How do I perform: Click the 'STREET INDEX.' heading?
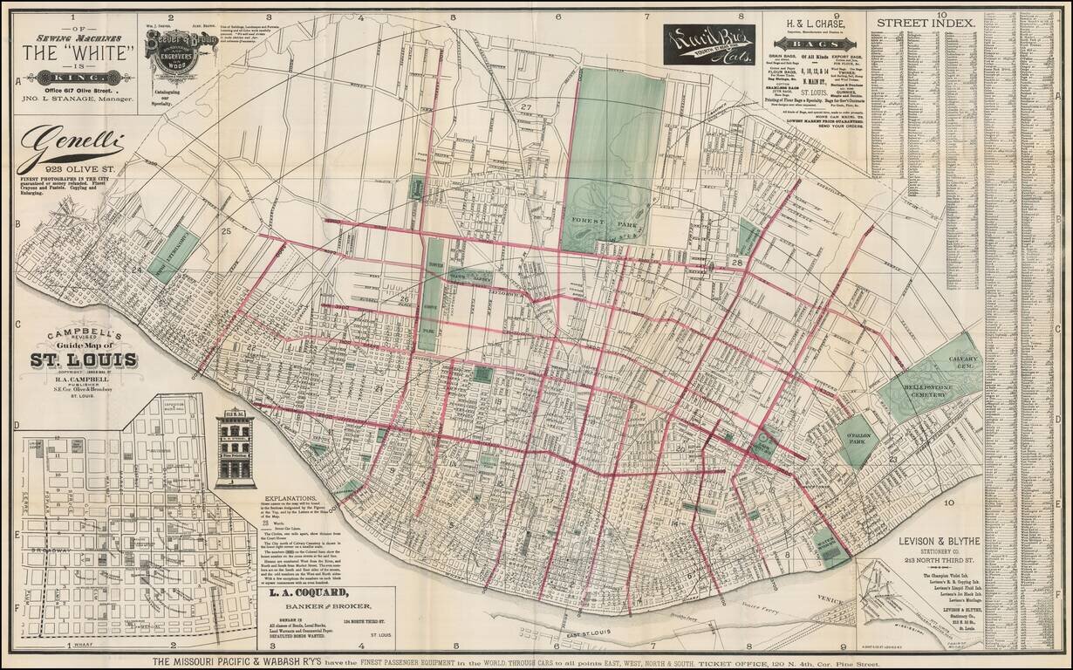tap(925, 23)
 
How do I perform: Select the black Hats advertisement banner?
tap(708, 44)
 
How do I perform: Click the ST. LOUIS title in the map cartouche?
tap(84, 360)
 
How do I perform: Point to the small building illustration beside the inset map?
tap(235, 449)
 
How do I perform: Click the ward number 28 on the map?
tap(737, 263)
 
